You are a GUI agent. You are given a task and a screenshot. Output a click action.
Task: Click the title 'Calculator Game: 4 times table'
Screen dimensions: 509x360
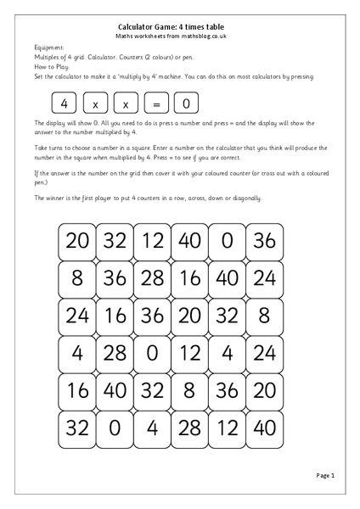coord(179,27)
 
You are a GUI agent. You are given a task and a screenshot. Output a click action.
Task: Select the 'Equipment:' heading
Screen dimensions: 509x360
coord(49,48)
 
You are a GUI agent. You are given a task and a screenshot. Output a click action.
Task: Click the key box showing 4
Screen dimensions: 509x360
coord(65,103)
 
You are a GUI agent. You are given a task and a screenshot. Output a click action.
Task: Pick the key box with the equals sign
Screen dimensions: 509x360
coord(155,103)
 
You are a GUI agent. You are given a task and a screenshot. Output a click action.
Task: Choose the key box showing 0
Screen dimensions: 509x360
coord(186,103)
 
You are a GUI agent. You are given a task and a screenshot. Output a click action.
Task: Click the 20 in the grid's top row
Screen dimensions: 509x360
coord(76,241)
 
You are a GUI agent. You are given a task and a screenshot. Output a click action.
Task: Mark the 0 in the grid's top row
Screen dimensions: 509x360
coord(227,241)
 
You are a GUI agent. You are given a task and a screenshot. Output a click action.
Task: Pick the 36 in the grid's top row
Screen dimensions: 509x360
coord(264,241)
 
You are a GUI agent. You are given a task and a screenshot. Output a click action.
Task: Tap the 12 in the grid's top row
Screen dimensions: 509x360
coord(152,241)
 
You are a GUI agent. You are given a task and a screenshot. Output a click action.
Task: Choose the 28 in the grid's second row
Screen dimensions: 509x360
coord(152,278)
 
